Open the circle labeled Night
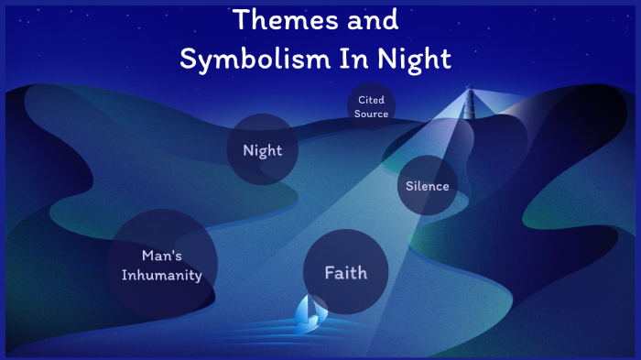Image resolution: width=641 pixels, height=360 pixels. pyautogui.click(x=263, y=149)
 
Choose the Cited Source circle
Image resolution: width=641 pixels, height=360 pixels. pyautogui.click(x=372, y=106)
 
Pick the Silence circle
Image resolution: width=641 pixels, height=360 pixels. pyautogui.click(x=428, y=186)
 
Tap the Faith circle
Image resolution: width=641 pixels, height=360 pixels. pyautogui.click(x=346, y=272)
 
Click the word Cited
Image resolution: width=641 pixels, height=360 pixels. pyautogui.click(x=372, y=99)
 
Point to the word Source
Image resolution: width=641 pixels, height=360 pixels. pyautogui.click(x=372, y=114)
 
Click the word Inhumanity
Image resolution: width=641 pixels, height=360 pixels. pyautogui.click(x=163, y=275)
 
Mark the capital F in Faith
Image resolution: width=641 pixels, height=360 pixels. pyautogui.click(x=330, y=272)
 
